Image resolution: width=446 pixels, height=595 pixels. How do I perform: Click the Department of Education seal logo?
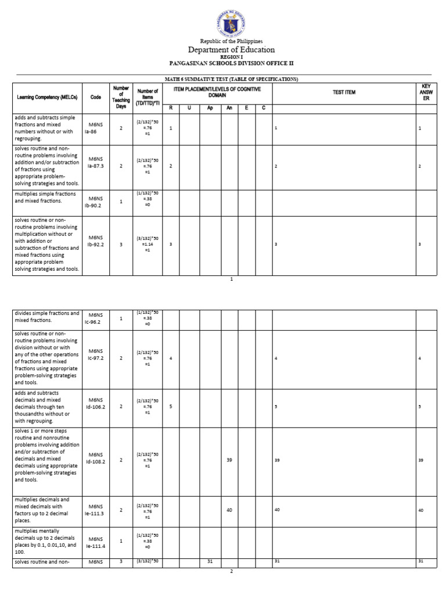231,20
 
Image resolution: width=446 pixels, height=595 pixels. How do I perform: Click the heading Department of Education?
231,50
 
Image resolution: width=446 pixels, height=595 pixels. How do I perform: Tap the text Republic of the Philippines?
231,41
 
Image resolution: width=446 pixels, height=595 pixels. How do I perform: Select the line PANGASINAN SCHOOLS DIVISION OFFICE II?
231,62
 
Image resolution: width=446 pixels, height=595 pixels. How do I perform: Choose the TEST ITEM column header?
344,92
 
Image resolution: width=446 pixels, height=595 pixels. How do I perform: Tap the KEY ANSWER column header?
426,92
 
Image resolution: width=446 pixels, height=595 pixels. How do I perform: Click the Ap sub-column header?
210,108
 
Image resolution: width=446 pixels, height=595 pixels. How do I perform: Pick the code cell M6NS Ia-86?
95,128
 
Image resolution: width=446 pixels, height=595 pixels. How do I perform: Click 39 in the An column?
229,460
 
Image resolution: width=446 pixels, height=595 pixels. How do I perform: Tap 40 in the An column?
229,510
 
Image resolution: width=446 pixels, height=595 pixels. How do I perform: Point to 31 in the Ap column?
210,561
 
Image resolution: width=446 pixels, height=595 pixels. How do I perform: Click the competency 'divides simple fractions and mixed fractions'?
46,317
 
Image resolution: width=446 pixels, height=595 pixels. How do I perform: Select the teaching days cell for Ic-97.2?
121,359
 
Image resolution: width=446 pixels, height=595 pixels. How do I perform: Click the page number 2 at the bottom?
231,572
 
